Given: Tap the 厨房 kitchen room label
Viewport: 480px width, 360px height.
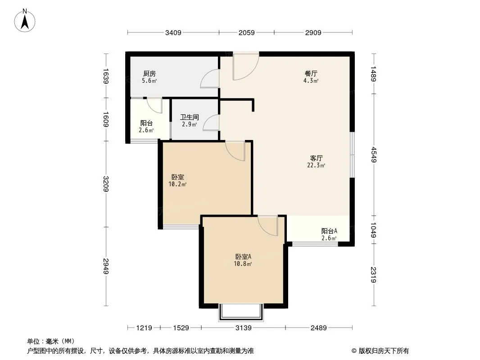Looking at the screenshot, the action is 149,74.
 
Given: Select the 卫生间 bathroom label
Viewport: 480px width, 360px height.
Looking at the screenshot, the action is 190,117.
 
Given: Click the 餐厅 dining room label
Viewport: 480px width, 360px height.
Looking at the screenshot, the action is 311,74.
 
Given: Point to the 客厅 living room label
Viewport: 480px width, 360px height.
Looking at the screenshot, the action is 316,158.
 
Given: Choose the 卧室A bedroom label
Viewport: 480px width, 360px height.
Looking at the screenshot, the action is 243,256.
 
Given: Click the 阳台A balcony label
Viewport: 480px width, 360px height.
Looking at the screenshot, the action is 329,231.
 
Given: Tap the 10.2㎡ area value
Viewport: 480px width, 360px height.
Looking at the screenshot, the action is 177,184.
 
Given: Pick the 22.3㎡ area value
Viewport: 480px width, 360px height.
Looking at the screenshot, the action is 316,166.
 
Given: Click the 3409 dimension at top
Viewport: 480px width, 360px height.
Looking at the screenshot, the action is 173,33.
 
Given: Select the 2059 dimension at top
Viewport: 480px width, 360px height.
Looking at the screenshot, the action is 246,33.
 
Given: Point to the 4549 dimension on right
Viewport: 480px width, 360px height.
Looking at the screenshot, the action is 373,155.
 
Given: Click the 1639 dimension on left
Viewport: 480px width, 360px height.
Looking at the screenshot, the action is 106,76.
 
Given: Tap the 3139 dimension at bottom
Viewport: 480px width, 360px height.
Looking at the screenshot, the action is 243,328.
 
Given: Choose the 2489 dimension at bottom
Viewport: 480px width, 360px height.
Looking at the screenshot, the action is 319,328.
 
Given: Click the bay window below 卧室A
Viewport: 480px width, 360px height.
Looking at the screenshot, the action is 241,312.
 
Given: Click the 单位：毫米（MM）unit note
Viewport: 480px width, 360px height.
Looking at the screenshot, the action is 51,342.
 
